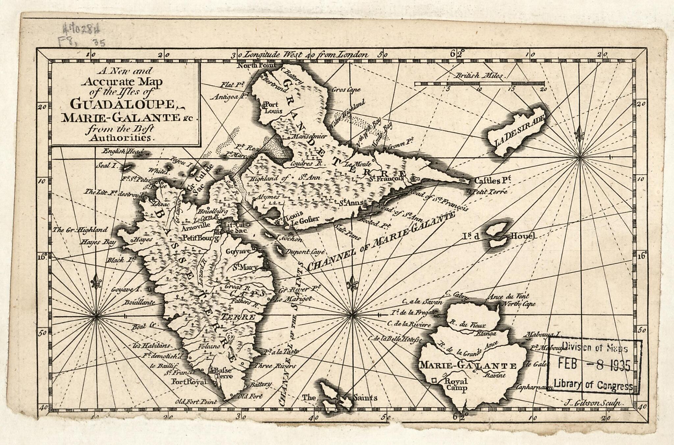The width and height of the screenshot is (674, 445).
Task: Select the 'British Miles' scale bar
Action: [x=479, y=84]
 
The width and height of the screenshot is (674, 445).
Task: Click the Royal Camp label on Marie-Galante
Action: [x=456, y=385]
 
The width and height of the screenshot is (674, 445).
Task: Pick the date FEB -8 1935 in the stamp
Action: [x=594, y=365]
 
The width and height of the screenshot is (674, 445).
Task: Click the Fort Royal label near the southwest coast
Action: [x=189, y=382]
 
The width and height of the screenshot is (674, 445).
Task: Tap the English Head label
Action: [x=123, y=152]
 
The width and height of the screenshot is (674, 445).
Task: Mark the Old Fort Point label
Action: [x=196, y=402]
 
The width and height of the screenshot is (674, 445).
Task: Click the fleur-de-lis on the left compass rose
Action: [x=96, y=282]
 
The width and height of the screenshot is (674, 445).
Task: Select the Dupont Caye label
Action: [x=305, y=252]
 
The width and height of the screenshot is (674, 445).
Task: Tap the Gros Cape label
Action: [x=346, y=90]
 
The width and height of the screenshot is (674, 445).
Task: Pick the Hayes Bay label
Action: [x=99, y=243]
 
